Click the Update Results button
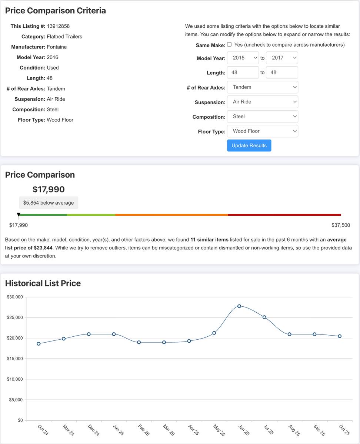249,145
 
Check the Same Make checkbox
229,44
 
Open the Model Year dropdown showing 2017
282,58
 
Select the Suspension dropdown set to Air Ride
262,102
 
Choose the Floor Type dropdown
262,131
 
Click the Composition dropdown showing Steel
262,117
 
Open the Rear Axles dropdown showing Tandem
262,87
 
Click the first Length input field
243,73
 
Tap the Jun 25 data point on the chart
239,306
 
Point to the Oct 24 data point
39,344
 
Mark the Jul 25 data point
264,317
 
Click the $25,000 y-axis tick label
15,317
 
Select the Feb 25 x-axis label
143,430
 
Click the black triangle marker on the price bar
19,215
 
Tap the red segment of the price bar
284,215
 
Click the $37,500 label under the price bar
340,225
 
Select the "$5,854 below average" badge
49,203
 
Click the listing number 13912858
58,26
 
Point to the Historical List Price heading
43,283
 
